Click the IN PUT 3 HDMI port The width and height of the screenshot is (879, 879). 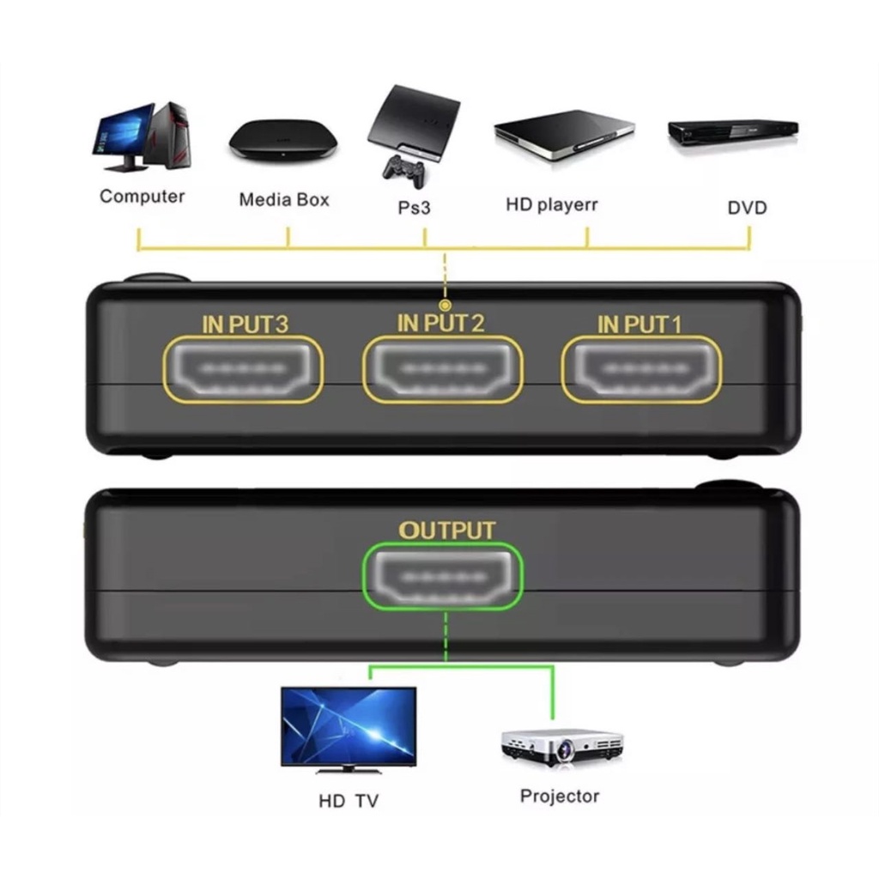click(x=243, y=369)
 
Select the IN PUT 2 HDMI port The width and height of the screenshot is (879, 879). click(x=443, y=369)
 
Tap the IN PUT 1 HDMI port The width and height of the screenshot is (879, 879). click(x=641, y=369)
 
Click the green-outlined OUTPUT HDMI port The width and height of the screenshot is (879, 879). click(x=443, y=576)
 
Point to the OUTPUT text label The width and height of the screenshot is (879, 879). click(x=446, y=530)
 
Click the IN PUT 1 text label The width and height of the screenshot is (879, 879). click(x=639, y=324)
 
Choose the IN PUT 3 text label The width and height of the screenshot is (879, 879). click(x=245, y=324)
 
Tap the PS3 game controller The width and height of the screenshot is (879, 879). click(x=403, y=172)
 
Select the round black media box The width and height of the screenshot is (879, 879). click(x=283, y=140)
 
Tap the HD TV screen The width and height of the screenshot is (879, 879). click(x=349, y=726)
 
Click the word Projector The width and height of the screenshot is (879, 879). click(x=560, y=796)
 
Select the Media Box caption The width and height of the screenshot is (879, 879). click(x=283, y=199)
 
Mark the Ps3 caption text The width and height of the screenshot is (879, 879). click(x=414, y=208)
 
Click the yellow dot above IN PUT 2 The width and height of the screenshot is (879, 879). click(x=446, y=305)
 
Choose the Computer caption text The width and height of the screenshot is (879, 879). click(x=142, y=197)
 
